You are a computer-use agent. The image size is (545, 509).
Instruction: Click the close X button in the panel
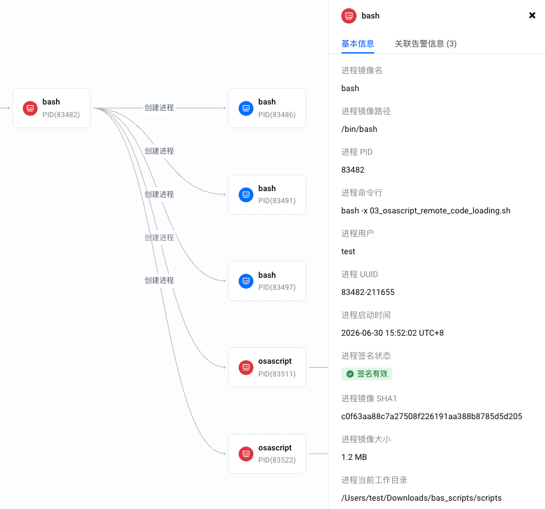[532, 15]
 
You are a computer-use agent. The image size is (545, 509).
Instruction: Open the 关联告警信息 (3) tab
[425, 44]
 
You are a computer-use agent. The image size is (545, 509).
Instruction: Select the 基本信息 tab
[358, 44]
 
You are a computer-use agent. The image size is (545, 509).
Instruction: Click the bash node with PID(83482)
[52, 108]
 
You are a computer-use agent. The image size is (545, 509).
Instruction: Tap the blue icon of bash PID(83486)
[246, 108]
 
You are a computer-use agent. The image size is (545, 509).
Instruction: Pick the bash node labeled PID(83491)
[267, 195]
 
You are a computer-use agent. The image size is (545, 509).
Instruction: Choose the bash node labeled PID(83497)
[267, 281]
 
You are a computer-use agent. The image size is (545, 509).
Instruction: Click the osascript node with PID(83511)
[267, 367]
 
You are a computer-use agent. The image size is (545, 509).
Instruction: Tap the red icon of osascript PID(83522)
[246, 454]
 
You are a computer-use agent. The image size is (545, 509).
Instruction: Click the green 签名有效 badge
[367, 374]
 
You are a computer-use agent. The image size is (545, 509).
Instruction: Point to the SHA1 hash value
[432, 417]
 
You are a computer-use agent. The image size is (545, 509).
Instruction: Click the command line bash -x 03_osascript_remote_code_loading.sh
[426, 211]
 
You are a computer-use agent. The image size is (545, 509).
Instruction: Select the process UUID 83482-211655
[368, 292]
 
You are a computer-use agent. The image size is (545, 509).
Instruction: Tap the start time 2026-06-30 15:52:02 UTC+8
[392, 333]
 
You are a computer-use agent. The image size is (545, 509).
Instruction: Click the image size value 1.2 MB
[354, 457]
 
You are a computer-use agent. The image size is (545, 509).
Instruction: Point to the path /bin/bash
[359, 129]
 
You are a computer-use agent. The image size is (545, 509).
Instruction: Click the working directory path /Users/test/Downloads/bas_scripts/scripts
[421, 498]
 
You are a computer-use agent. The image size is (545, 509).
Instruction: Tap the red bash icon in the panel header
[349, 16]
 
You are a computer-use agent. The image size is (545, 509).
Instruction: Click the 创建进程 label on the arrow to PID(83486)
[159, 108]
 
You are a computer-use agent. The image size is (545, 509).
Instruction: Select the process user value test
[348, 252]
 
